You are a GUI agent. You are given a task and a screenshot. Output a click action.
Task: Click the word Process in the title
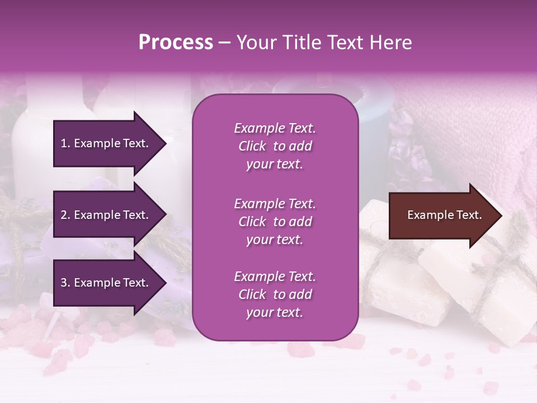tap(176, 43)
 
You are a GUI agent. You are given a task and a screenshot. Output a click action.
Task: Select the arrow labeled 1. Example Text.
tap(106, 143)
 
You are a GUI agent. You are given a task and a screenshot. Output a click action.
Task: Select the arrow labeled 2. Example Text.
tap(106, 215)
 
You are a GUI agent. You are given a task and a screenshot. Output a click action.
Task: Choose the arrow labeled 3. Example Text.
tap(106, 283)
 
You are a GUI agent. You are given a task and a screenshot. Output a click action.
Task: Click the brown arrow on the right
tap(442, 215)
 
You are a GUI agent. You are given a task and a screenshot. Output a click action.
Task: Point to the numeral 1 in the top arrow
tap(64, 143)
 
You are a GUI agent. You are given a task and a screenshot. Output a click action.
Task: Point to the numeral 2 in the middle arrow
tap(64, 215)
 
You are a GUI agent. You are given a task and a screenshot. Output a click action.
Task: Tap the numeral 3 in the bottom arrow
tap(64, 283)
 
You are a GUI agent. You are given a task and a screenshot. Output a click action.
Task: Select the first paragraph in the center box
tap(275, 146)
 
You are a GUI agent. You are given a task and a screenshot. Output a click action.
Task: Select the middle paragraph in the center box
tap(275, 222)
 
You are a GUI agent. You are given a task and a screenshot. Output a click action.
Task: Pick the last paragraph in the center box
tap(275, 294)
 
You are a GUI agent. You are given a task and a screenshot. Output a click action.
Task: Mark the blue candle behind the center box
tap(372, 112)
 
